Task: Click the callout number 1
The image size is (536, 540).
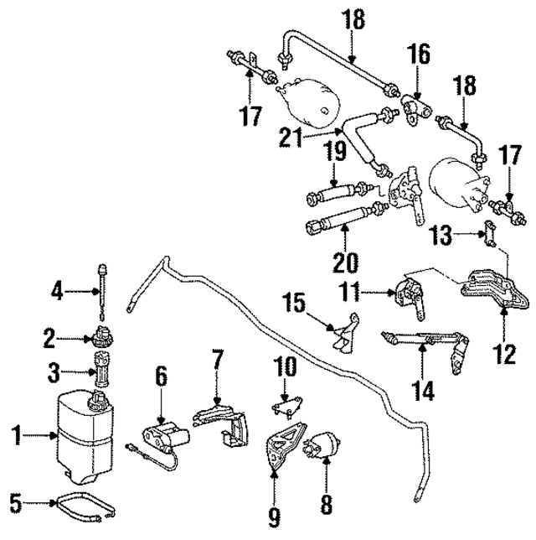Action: click(15, 434)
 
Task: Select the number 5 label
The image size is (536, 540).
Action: click(15, 504)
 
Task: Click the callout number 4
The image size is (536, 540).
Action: click(58, 293)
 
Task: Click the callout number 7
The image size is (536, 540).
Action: click(217, 363)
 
